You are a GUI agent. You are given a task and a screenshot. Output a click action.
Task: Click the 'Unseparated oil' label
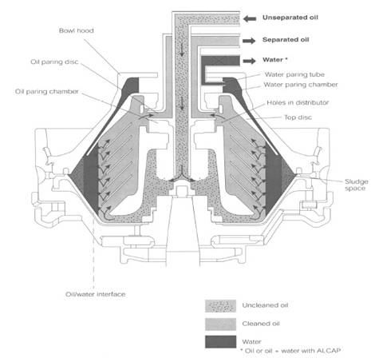[x=290, y=18]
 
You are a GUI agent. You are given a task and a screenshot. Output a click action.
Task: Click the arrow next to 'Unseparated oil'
[x=250, y=18]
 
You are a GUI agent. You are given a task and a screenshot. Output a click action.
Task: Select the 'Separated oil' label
[x=286, y=40]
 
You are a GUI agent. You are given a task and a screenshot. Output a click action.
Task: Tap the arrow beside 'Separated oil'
[x=249, y=41]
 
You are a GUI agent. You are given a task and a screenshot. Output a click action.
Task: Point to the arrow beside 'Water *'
[x=249, y=61]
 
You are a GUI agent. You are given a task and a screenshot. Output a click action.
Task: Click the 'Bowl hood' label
[x=77, y=30]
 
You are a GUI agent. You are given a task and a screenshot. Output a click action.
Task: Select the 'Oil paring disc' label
[x=54, y=62]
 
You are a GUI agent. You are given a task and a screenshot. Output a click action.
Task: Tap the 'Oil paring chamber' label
[x=47, y=92]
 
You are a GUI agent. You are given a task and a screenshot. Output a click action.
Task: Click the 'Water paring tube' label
[x=294, y=74]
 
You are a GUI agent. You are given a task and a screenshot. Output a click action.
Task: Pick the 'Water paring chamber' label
[x=301, y=85]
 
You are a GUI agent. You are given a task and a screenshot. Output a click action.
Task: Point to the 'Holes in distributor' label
[x=298, y=102]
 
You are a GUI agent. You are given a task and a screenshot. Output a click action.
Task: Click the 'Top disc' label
[x=298, y=117]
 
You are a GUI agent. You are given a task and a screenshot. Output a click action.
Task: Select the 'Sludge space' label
[x=357, y=185]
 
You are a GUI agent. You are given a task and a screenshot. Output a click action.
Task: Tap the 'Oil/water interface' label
[x=96, y=294]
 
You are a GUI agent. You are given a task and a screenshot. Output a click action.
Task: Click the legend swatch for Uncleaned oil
[x=220, y=306]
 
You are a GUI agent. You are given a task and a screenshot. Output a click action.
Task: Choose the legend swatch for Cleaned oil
[x=220, y=324]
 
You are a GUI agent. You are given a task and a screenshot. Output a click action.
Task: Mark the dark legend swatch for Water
[x=220, y=342]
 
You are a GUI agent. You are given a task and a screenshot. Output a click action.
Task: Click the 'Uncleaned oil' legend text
[x=265, y=305]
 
